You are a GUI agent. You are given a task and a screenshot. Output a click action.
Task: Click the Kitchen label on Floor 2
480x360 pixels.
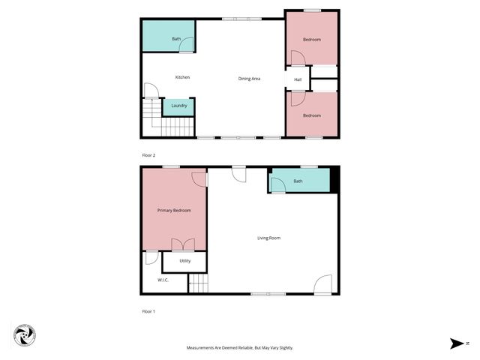tap(182, 77)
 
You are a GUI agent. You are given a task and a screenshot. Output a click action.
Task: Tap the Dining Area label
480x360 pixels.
tap(249, 79)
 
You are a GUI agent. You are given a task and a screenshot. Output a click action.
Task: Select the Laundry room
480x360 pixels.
tap(178, 106)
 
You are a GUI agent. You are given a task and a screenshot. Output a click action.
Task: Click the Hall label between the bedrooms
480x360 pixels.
tap(298, 79)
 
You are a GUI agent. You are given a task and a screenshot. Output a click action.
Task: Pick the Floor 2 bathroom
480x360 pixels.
tap(169, 37)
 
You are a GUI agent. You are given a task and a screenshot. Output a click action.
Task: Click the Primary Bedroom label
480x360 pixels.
tap(174, 211)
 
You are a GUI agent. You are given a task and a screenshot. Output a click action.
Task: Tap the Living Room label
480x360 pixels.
tap(268, 238)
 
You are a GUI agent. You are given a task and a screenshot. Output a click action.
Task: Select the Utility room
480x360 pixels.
tap(184, 261)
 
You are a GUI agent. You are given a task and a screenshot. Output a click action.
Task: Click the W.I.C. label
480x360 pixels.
tap(163, 280)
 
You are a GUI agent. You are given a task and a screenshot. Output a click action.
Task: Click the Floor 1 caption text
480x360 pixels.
tap(148, 310)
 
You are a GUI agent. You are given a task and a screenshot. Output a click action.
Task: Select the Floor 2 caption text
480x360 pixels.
tap(148, 154)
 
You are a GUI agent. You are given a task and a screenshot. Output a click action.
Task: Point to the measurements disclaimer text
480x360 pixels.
tap(240, 348)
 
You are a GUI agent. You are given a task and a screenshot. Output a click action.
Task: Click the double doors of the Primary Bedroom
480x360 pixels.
tap(183, 244)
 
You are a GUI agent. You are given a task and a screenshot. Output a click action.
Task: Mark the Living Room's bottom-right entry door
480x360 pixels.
tap(322, 284)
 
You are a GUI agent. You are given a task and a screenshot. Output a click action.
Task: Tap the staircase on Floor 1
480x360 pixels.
tap(197, 284)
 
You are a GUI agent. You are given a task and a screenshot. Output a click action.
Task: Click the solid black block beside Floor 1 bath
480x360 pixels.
tap(334, 181)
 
